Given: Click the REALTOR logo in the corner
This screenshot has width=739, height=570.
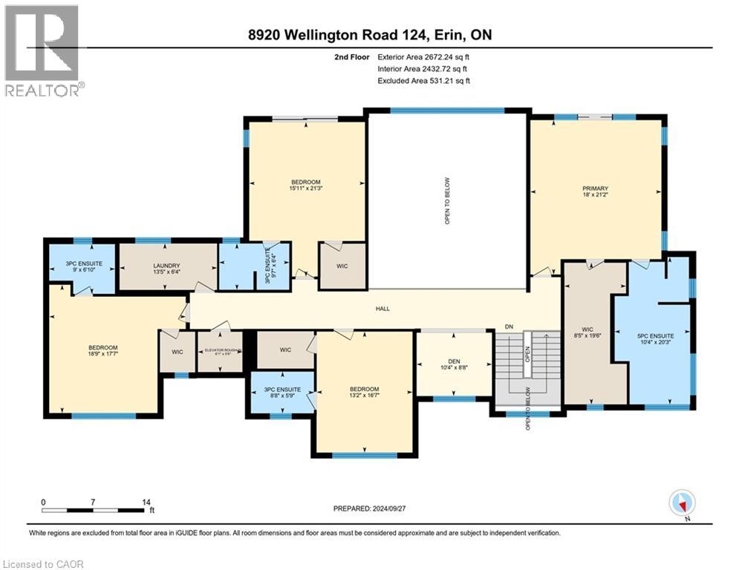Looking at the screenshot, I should (x=42, y=50).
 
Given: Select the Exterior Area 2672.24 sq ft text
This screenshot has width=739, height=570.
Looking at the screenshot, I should (x=424, y=56).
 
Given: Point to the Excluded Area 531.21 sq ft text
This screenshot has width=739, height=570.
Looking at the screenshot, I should (x=424, y=80).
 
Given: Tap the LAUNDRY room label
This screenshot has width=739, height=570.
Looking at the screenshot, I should (x=167, y=265).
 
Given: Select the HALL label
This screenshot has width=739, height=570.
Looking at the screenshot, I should (x=382, y=309).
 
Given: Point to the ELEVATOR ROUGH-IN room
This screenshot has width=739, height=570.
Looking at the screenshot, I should (x=220, y=351).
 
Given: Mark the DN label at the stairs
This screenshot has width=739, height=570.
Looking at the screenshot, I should (x=509, y=326).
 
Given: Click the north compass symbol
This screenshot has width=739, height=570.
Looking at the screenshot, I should (x=680, y=503).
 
